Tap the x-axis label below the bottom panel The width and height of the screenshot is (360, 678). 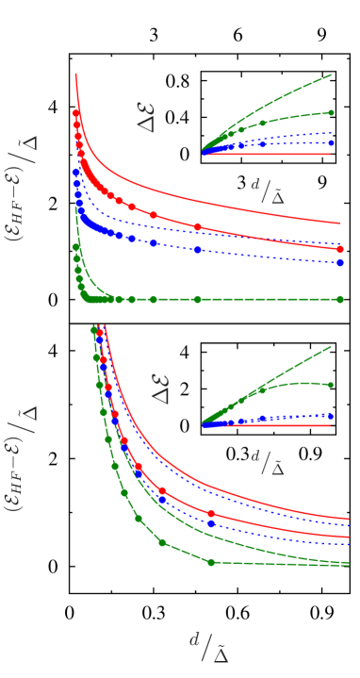(x=209, y=648)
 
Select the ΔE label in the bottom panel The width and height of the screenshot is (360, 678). (x=160, y=389)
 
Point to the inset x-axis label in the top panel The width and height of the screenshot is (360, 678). (x=268, y=190)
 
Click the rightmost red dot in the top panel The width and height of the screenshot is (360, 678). (x=340, y=249)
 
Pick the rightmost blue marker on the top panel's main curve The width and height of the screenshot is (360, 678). (x=340, y=263)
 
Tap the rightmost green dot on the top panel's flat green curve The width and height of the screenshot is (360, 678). (x=340, y=299)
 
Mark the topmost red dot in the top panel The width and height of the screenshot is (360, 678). (x=76, y=113)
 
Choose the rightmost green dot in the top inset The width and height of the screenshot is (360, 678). (x=330, y=112)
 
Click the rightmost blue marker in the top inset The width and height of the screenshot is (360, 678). (x=330, y=143)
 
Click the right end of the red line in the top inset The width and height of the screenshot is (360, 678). (x=331, y=154)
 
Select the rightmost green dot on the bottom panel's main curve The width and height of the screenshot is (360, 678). (x=210, y=562)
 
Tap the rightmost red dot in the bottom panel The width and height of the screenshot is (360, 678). (x=211, y=514)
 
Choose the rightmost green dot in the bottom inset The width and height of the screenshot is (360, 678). (x=330, y=385)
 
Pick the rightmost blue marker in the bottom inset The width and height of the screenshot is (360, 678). (x=330, y=415)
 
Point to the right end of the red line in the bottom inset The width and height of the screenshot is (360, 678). (x=331, y=425)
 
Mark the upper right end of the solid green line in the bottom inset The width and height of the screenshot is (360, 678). (x=332, y=346)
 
